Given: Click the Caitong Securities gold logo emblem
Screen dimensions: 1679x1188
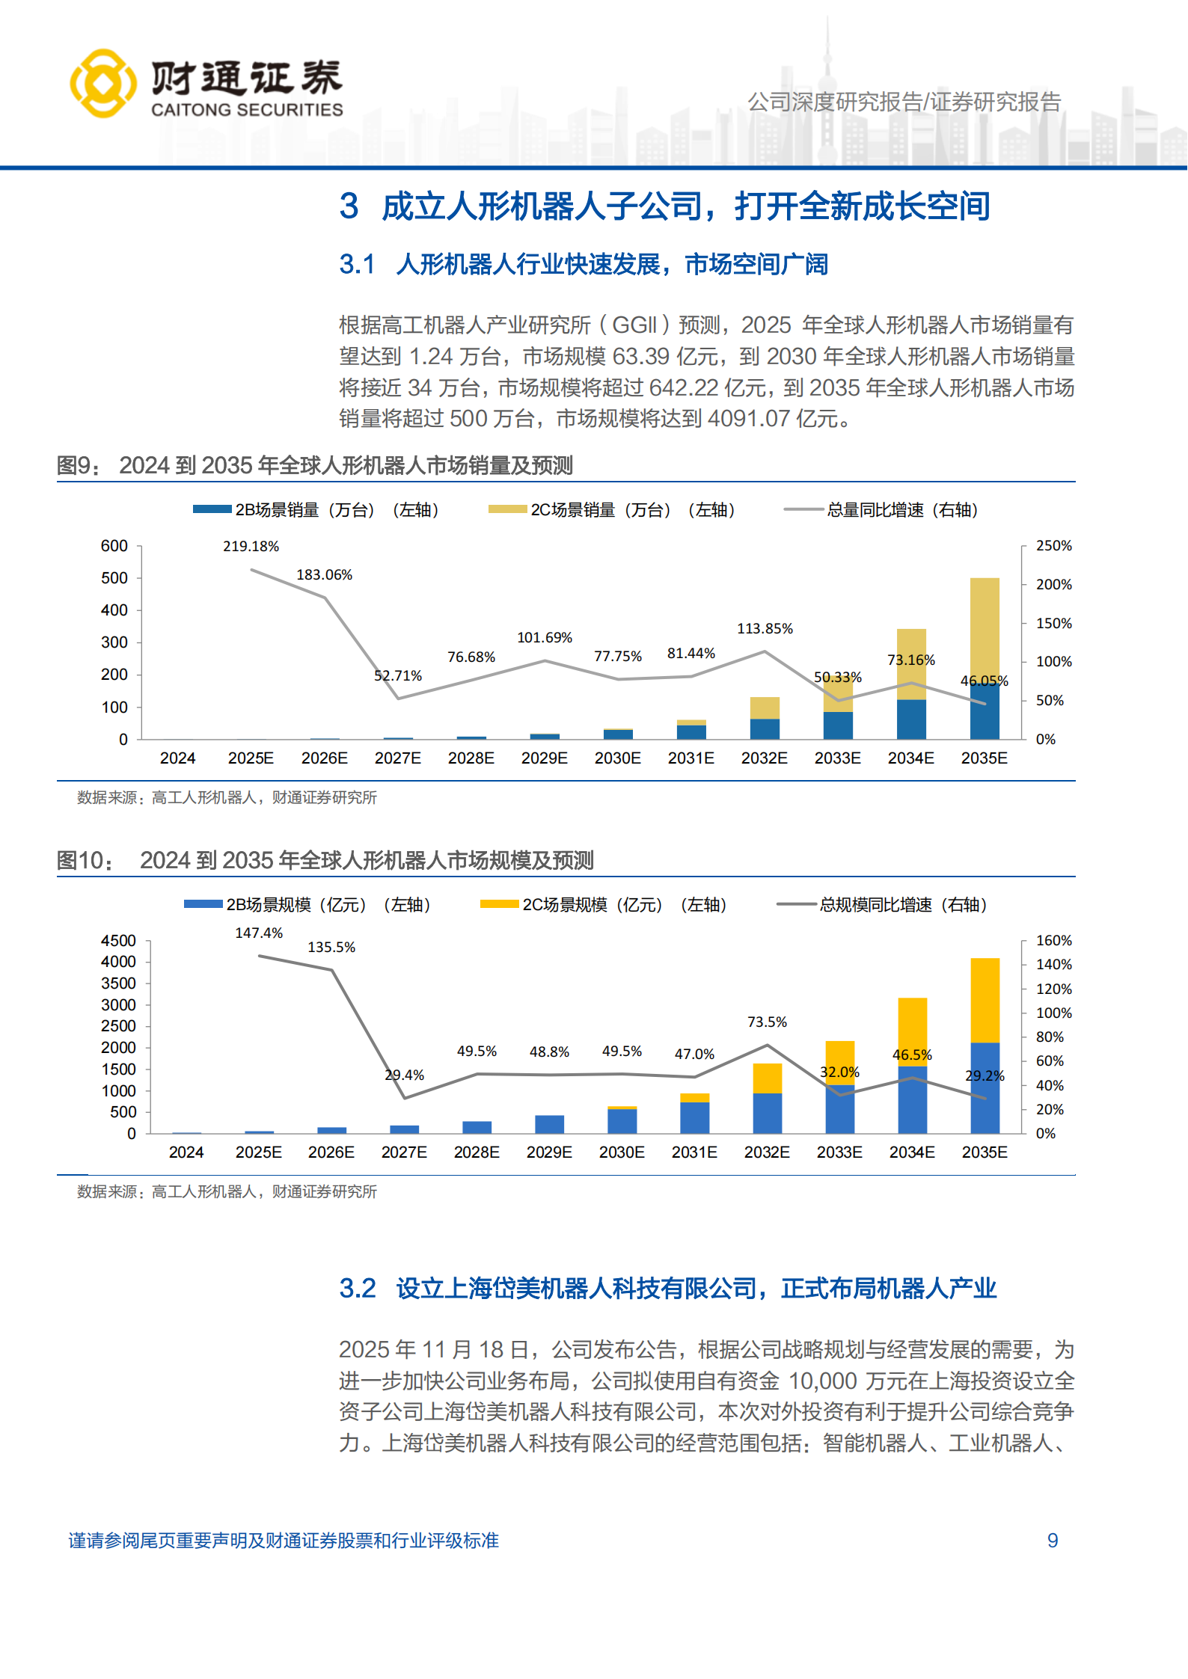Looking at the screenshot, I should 103,83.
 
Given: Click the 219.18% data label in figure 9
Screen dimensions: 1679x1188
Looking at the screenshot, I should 251,547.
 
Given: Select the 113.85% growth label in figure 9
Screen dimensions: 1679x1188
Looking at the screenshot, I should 765,629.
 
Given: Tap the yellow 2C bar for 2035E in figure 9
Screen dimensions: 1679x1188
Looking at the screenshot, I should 985,628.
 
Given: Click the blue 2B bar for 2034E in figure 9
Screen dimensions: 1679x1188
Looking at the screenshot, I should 911,719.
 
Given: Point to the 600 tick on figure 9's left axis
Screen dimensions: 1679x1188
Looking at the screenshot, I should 114,546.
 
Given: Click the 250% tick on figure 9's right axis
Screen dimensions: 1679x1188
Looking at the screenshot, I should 1053,546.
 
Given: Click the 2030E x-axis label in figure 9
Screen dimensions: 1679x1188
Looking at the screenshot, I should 617,758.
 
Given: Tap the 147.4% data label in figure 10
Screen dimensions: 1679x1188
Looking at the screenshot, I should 259,933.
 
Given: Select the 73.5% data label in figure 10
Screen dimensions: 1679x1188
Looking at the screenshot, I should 767,1022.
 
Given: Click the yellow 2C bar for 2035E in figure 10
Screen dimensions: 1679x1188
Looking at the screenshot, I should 985,999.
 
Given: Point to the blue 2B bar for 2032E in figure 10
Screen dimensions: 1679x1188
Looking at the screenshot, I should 767,1113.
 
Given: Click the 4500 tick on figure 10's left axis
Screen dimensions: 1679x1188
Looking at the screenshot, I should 118,941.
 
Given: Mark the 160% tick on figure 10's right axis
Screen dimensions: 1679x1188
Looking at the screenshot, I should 1053,941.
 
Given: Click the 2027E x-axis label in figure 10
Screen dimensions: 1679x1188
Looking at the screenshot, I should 404,1152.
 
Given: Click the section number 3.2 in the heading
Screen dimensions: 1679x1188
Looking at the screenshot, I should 358,1289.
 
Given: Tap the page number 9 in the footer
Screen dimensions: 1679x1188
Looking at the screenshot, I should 1052,1541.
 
